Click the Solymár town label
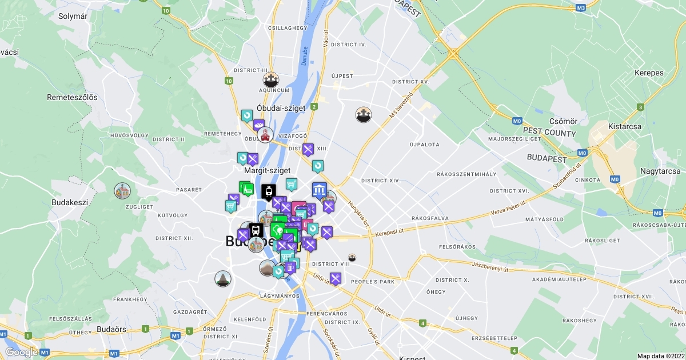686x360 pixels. pos(73,16)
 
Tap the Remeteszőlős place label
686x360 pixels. pos(72,97)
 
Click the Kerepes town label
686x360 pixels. pos(649,73)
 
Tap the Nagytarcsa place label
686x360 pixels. pos(660,171)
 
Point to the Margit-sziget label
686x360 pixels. pos(268,170)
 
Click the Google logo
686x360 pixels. pos(21,352)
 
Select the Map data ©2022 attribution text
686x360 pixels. pos(660,356)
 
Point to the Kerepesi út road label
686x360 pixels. pos(394,233)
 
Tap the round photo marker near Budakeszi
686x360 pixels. pos(122,190)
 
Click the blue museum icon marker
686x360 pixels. pos(319,190)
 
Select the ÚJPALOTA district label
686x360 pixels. pos(424,145)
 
